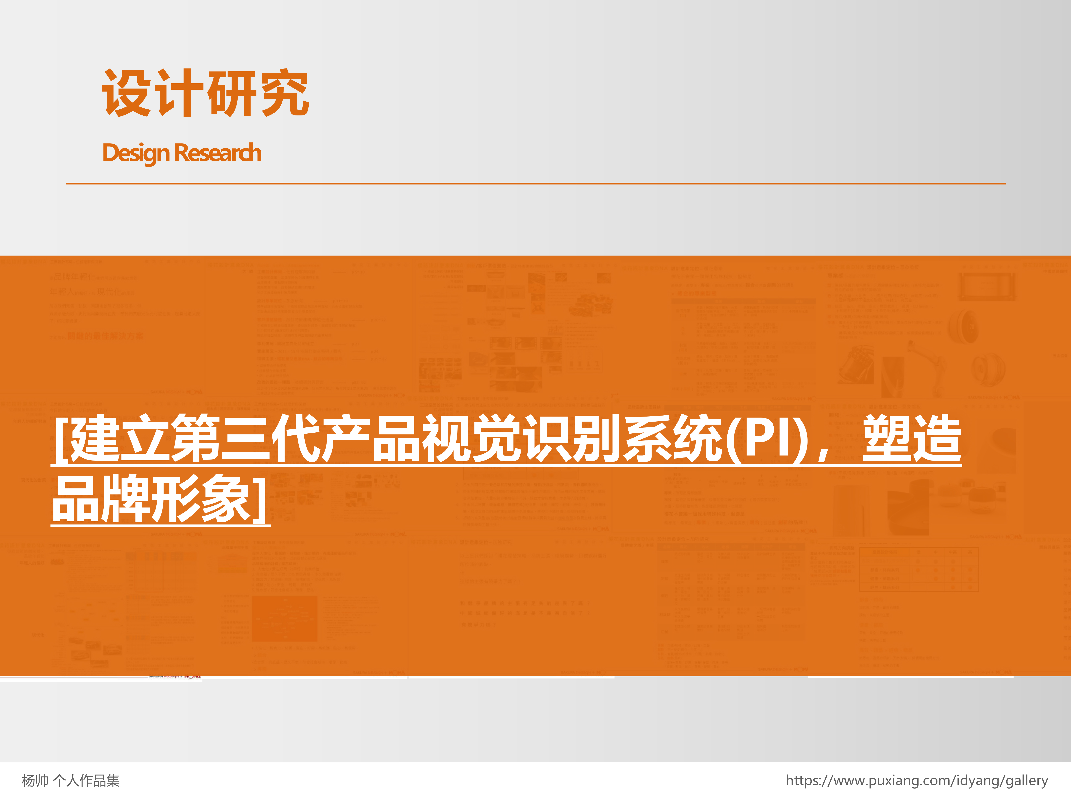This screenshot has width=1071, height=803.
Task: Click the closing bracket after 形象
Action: coord(261,498)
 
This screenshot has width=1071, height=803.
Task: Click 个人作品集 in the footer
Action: coord(86,781)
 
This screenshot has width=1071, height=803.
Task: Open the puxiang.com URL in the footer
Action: coord(917,781)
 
